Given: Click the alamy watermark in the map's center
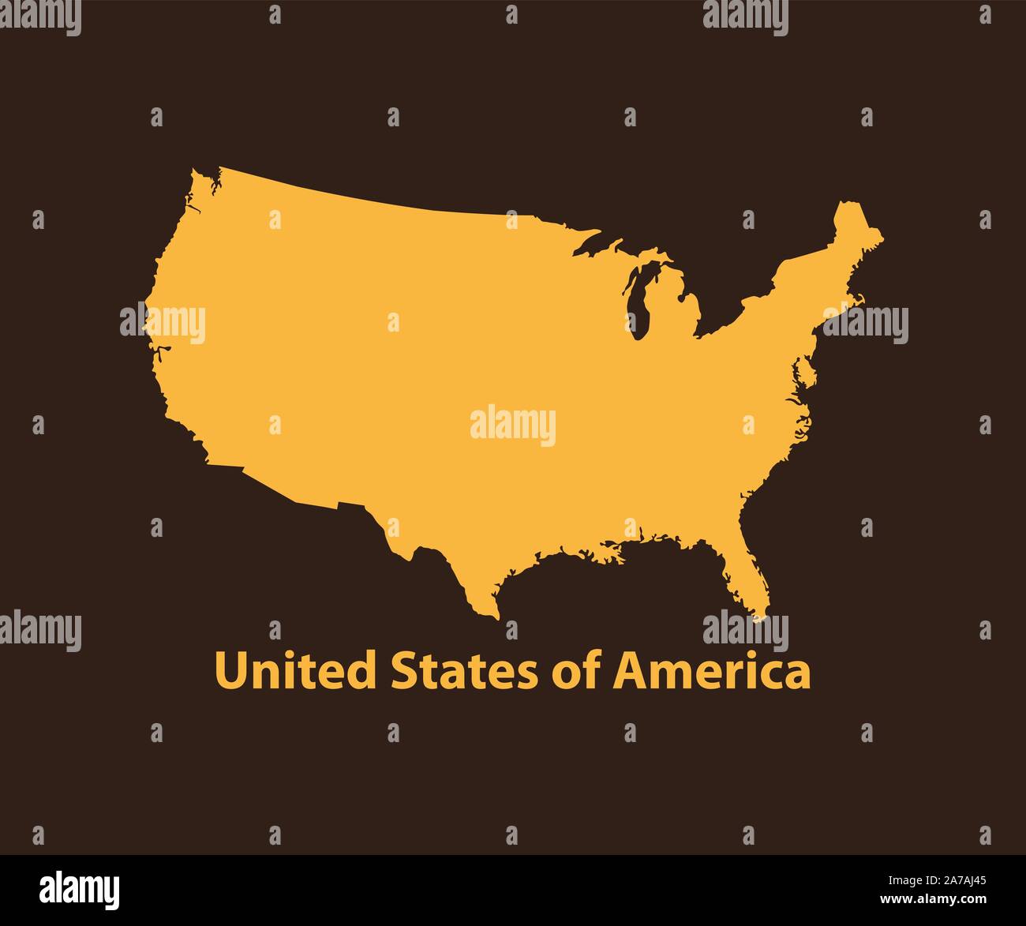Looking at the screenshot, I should coord(513,426).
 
